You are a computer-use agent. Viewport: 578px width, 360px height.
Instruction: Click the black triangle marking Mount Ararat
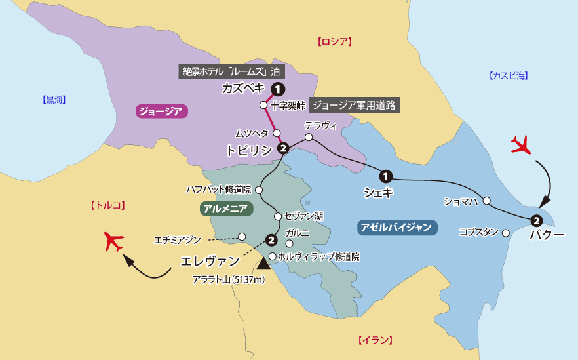263,264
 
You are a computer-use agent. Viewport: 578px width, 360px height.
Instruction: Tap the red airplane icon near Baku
522,144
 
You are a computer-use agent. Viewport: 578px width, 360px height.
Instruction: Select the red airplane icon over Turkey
114,242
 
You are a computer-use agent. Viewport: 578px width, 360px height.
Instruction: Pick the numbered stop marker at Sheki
386,176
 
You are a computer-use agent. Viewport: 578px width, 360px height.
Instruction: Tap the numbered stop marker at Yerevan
271,240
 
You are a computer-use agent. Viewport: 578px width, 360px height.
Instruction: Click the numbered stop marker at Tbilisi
283,148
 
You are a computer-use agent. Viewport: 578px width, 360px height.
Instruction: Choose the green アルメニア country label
224,209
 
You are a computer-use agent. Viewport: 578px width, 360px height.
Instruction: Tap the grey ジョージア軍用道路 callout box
354,105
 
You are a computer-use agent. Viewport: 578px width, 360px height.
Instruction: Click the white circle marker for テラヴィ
309,137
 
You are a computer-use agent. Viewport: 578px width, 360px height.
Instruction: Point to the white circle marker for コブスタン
505,232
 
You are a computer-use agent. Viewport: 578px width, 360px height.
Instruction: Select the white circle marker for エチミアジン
242,237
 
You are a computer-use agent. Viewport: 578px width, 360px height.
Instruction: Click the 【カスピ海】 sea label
508,76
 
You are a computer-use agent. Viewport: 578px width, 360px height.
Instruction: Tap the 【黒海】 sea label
54,100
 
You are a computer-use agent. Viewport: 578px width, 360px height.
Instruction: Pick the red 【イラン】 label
376,340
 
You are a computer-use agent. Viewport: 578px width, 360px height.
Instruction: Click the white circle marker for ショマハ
487,201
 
